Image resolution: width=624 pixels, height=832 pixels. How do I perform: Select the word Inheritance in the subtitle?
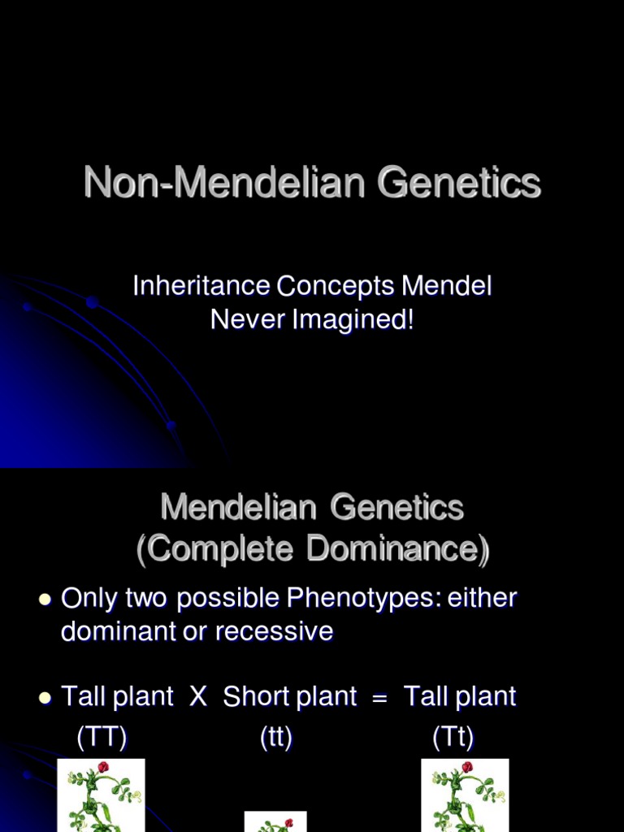click(x=201, y=286)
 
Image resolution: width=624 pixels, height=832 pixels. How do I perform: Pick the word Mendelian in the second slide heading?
click(x=238, y=508)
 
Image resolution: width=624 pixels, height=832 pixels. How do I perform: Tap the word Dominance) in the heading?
click(x=399, y=550)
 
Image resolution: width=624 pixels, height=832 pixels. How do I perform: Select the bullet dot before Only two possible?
click(x=45, y=600)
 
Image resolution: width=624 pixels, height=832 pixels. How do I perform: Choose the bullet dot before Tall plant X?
click(x=45, y=697)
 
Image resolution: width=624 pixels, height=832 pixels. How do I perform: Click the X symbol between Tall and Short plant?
click(x=198, y=696)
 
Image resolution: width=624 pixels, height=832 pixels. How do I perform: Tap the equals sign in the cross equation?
click(x=379, y=697)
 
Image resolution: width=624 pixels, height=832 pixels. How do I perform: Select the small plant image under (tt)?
click(x=276, y=821)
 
